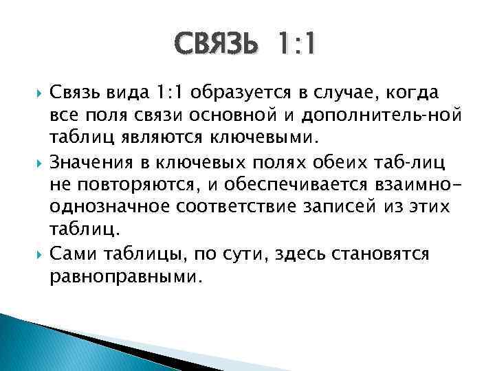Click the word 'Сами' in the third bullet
pos(71,254)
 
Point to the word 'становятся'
pos(381,254)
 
